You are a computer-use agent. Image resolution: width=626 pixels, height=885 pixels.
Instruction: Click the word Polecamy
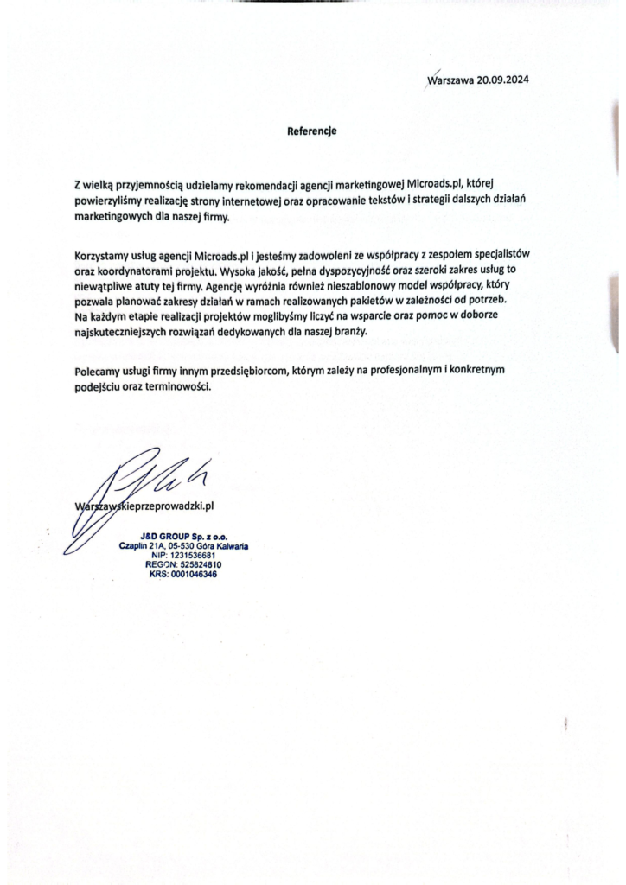99,370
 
